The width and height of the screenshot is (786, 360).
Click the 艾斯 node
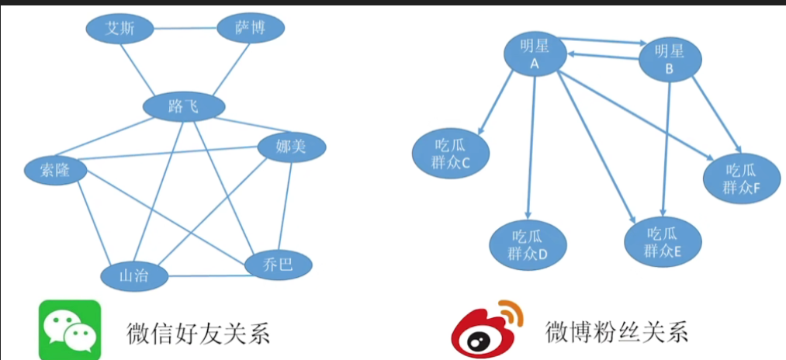[119, 29]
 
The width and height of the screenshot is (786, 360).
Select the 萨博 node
[250, 29]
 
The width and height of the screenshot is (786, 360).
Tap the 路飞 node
[183, 107]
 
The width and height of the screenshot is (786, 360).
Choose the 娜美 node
[291, 146]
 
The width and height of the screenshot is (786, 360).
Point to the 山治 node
[135, 275]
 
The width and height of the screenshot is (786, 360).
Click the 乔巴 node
[279, 265]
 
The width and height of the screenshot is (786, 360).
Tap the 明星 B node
[670, 59]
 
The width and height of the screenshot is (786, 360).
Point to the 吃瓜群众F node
[740, 178]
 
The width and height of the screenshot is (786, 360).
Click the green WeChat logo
[70, 331]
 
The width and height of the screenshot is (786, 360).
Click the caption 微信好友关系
[198, 333]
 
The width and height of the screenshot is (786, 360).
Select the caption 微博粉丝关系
[617, 333]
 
